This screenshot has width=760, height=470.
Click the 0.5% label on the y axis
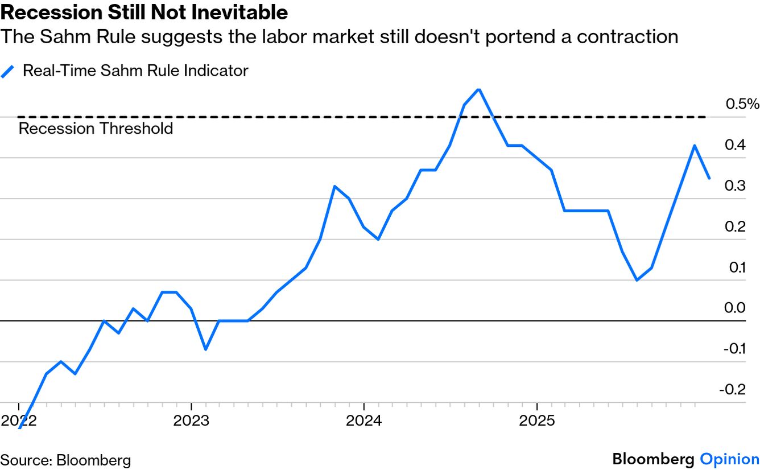tap(742, 104)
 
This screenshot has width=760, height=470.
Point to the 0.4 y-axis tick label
tap(736, 145)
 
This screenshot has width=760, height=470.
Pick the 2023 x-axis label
tap(191, 421)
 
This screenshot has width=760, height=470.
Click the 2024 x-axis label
tap(364, 421)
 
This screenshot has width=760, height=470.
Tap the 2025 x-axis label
tap(537, 421)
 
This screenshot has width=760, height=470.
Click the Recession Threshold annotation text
tap(96, 129)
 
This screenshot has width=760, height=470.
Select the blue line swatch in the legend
tap(8, 72)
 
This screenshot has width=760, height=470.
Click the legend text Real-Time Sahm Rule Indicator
tap(135, 71)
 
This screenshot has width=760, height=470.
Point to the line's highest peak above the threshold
tap(479, 89)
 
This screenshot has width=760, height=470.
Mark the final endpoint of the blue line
tap(709, 178)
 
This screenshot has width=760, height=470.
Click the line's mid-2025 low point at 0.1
tap(637, 280)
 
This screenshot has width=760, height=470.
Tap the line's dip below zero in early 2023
tap(205, 349)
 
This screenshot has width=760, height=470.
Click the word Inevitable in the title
tap(243, 12)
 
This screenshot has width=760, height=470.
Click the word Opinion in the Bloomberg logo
tap(729, 459)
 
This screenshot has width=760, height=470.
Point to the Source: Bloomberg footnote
tap(65, 460)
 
